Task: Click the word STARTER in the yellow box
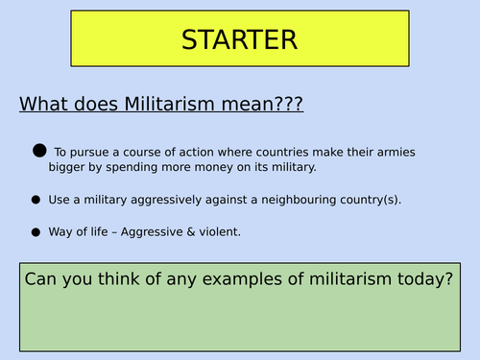[239, 40]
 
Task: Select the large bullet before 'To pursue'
[39, 150]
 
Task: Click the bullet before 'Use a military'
[36, 200]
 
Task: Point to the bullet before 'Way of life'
[36, 231]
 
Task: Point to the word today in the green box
[419, 279]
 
